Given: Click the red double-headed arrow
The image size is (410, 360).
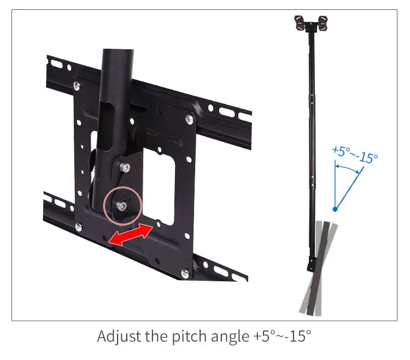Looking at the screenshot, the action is (x=130, y=234).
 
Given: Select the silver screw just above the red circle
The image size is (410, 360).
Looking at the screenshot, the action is (x=126, y=168).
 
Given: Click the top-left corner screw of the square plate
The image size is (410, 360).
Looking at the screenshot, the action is (x=77, y=85).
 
